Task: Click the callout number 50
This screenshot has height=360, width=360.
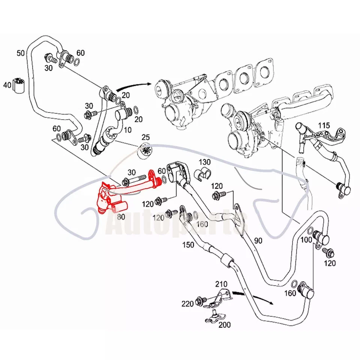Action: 22,53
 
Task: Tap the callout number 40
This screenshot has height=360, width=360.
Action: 7,85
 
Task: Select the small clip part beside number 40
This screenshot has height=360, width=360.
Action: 18,85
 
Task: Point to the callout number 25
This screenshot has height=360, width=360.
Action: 145,138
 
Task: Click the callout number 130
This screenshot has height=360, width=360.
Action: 205,162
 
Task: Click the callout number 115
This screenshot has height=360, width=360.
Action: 324,125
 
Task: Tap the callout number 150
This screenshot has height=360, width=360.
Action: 189,245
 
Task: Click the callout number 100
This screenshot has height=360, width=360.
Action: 306,239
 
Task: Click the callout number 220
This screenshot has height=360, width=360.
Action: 188,303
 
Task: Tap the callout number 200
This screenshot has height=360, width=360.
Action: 225,325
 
